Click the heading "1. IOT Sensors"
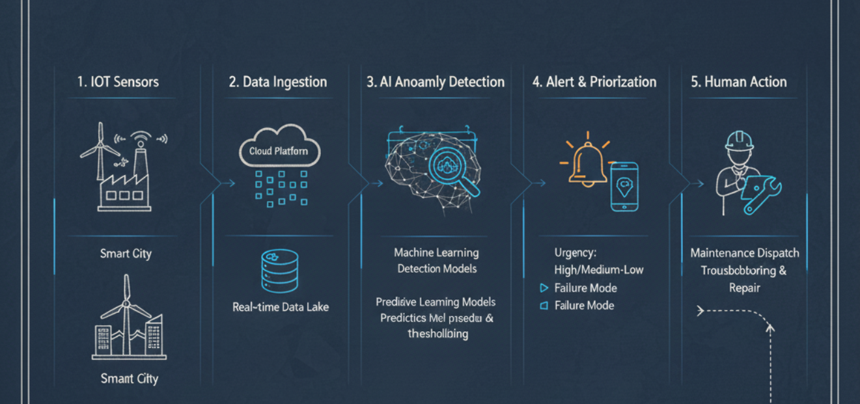pyautogui.click(x=118, y=82)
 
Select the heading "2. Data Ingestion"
pyautogui.click(x=277, y=82)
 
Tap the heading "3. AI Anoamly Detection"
pyautogui.click(x=436, y=82)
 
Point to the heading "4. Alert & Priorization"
pyautogui.click(x=594, y=82)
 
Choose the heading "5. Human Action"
pyautogui.click(x=738, y=82)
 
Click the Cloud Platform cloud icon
pyautogui.click(x=279, y=150)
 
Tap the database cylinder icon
pyautogui.click(x=279, y=271)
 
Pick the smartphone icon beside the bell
pyautogui.click(x=624, y=186)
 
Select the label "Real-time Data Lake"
pyautogui.click(x=281, y=307)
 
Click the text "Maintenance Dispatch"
pyautogui.click(x=744, y=253)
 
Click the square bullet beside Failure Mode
pyautogui.click(x=544, y=306)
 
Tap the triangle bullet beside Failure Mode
pyautogui.click(x=544, y=288)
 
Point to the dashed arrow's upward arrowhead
pyautogui.click(x=770, y=329)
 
